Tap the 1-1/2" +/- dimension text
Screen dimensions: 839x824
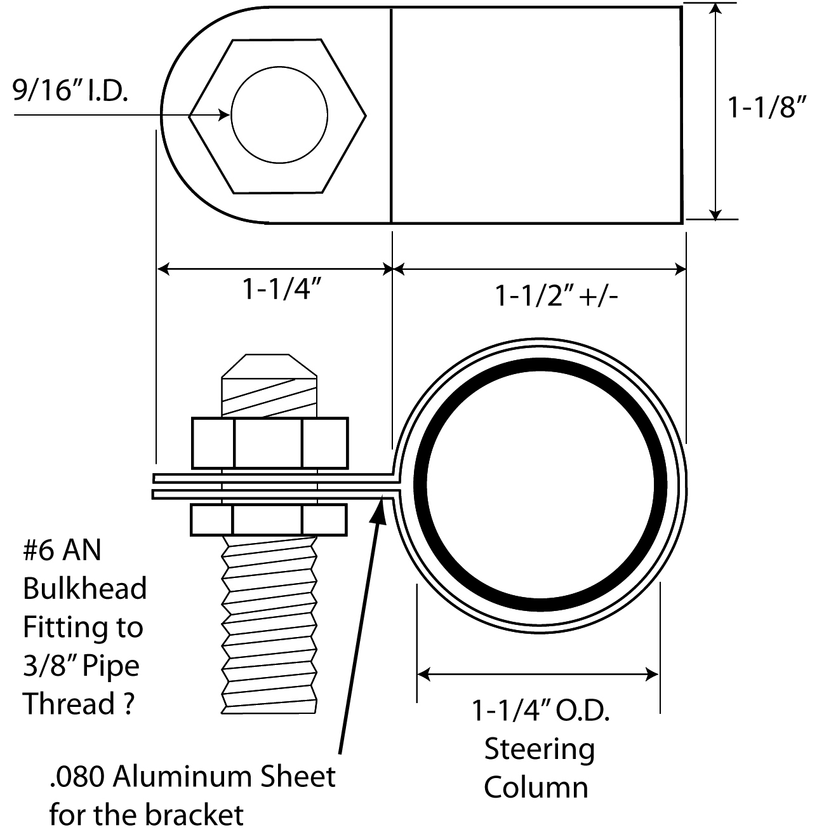pos(556,296)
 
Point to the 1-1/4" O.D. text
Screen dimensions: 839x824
pos(540,711)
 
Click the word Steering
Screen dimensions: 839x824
pos(540,749)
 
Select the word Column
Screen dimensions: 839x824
pos(536,788)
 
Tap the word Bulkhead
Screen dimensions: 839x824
pos(84,589)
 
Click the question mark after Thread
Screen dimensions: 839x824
pos(128,704)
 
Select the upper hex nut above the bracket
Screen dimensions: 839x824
pos(269,443)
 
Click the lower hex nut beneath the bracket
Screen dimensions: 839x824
pos(269,519)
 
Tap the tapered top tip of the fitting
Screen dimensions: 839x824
pos(269,366)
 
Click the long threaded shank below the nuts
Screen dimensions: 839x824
pos(269,622)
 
